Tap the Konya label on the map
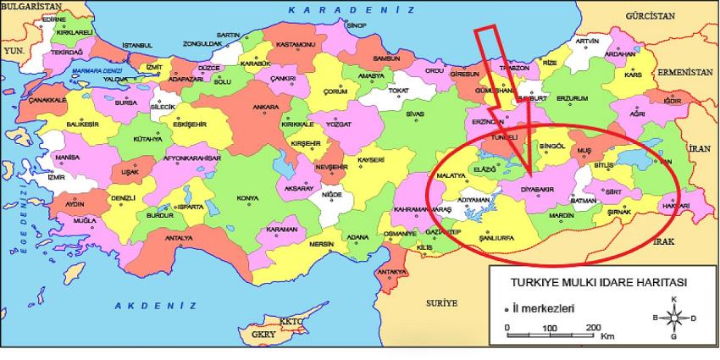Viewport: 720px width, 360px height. pyautogui.click(x=247, y=198)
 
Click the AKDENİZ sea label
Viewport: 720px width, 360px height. pyautogui.click(x=155, y=304)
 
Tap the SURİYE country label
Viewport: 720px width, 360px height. pyautogui.click(x=440, y=302)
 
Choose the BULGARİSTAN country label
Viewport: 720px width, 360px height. pyautogui.click(x=28, y=6)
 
